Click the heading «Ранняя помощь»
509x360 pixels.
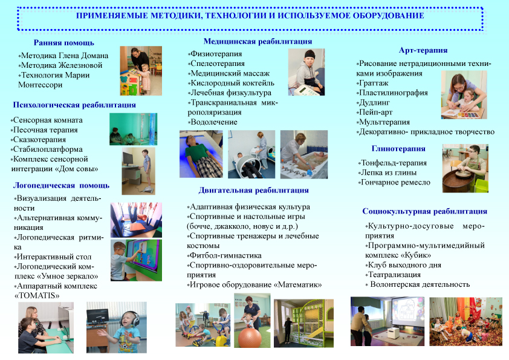(64, 43)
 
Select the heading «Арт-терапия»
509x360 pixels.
(423, 50)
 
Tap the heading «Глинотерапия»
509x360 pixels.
(398, 149)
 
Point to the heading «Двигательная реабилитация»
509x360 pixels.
(253, 191)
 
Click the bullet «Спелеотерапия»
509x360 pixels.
(216, 64)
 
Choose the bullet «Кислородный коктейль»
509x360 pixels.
(231, 83)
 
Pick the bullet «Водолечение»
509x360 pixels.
(213, 122)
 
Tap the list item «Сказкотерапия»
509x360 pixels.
(38, 140)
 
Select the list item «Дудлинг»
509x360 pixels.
(374, 103)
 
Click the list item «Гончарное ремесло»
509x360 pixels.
(394, 183)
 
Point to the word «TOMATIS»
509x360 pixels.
(37, 296)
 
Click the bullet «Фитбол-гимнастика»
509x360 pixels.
(224, 256)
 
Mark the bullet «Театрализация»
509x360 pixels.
(393, 275)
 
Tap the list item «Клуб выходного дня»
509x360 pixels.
(403, 265)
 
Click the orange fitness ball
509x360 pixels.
(250, 337)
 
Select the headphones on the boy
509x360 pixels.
(130, 318)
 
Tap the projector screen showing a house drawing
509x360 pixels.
(408, 311)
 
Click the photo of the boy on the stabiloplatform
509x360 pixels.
(138, 171)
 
